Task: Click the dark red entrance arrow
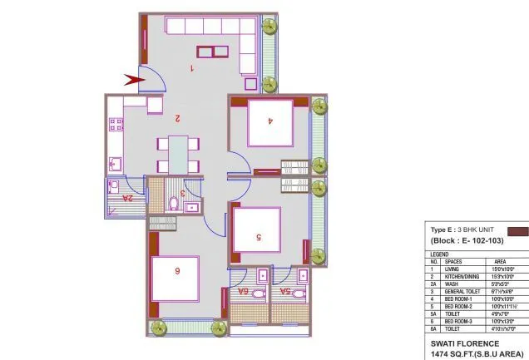point(133,80)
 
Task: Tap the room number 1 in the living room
point(192,68)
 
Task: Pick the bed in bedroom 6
point(176,279)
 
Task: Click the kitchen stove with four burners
point(116,126)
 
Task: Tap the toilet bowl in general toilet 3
point(174,204)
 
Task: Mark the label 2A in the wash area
point(126,199)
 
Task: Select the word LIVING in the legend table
point(452,269)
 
